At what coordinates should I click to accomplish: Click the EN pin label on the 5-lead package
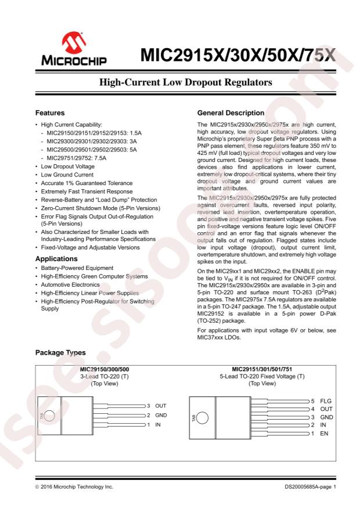coord(323,434)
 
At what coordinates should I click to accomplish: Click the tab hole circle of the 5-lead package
coord(203,418)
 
